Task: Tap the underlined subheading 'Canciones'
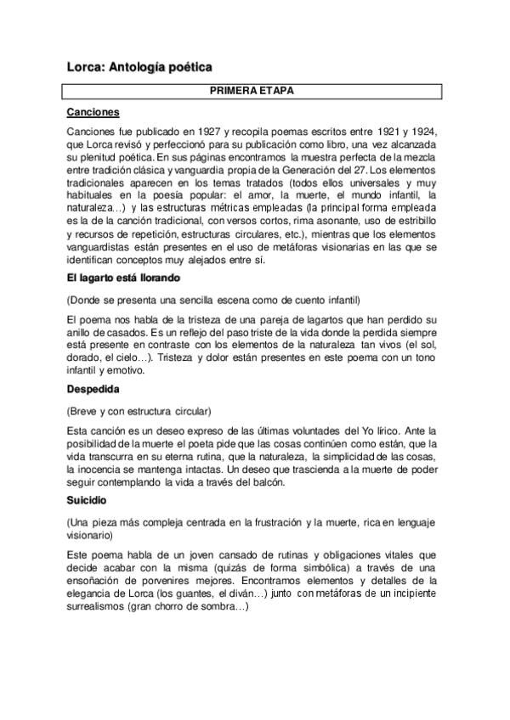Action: coord(93,112)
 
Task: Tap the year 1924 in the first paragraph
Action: coord(429,133)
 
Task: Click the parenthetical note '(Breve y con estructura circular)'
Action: coord(139,412)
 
